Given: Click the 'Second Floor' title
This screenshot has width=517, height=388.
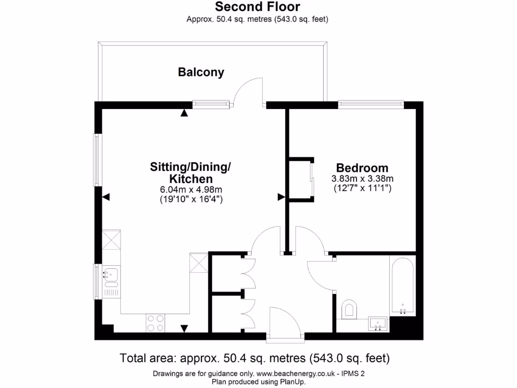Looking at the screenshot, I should click(x=257, y=7).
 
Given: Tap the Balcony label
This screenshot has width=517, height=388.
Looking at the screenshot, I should click(x=201, y=72).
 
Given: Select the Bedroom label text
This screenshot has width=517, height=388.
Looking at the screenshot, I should click(x=362, y=168).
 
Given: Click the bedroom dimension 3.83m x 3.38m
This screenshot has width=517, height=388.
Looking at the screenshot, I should click(x=362, y=179).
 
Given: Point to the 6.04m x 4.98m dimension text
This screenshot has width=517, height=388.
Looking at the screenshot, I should click(x=191, y=189).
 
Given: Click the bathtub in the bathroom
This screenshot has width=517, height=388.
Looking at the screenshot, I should click(x=402, y=286).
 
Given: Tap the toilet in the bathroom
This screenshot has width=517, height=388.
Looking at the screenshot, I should click(x=349, y=309).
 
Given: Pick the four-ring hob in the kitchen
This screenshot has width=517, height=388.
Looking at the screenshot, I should click(x=156, y=323).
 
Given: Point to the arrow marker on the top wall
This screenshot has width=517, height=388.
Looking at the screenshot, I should click(x=184, y=113).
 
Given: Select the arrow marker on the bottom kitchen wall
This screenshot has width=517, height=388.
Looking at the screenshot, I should click(x=184, y=328).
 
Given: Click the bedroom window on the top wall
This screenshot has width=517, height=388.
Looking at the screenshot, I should click(x=371, y=105).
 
